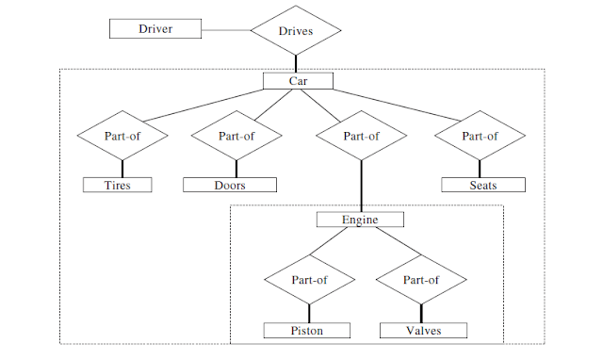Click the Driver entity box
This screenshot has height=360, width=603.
click(x=155, y=28)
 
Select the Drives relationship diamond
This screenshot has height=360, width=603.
click(x=296, y=30)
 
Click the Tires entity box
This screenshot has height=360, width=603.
click(x=118, y=185)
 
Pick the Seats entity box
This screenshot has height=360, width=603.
click(x=481, y=185)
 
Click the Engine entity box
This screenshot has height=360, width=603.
click(x=360, y=220)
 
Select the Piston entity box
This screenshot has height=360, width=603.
click(x=307, y=330)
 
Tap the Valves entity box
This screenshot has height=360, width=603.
click(x=423, y=330)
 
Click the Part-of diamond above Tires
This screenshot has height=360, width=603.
click(x=122, y=136)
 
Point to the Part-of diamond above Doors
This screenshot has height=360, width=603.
click(x=236, y=136)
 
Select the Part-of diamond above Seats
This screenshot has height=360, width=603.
click(x=481, y=136)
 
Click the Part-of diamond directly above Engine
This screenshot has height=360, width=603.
click(x=361, y=136)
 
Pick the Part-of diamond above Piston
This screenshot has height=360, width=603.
click(x=310, y=280)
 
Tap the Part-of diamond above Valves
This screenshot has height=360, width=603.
click(x=420, y=280)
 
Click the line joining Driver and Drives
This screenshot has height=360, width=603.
click(x=226, y=29)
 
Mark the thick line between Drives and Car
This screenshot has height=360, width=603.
click(x=297, y=63)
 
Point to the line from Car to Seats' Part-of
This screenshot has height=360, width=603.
click(x=405, y=103)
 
